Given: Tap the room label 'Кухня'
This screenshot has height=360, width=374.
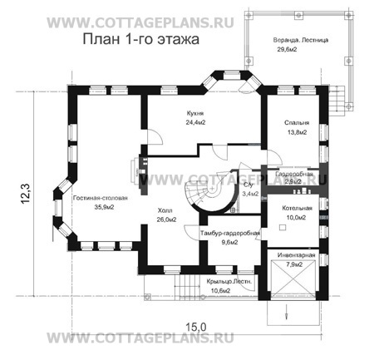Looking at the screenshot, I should (195, 111).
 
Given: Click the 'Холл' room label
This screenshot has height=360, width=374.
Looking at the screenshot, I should (165, 211).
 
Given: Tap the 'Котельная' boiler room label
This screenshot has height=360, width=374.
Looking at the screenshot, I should (296, 206).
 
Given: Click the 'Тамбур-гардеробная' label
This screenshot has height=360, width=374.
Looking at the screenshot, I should (230, 233).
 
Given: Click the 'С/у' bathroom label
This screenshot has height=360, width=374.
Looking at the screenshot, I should (247, 184).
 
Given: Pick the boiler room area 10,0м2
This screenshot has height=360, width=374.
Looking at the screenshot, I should (296, 217).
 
